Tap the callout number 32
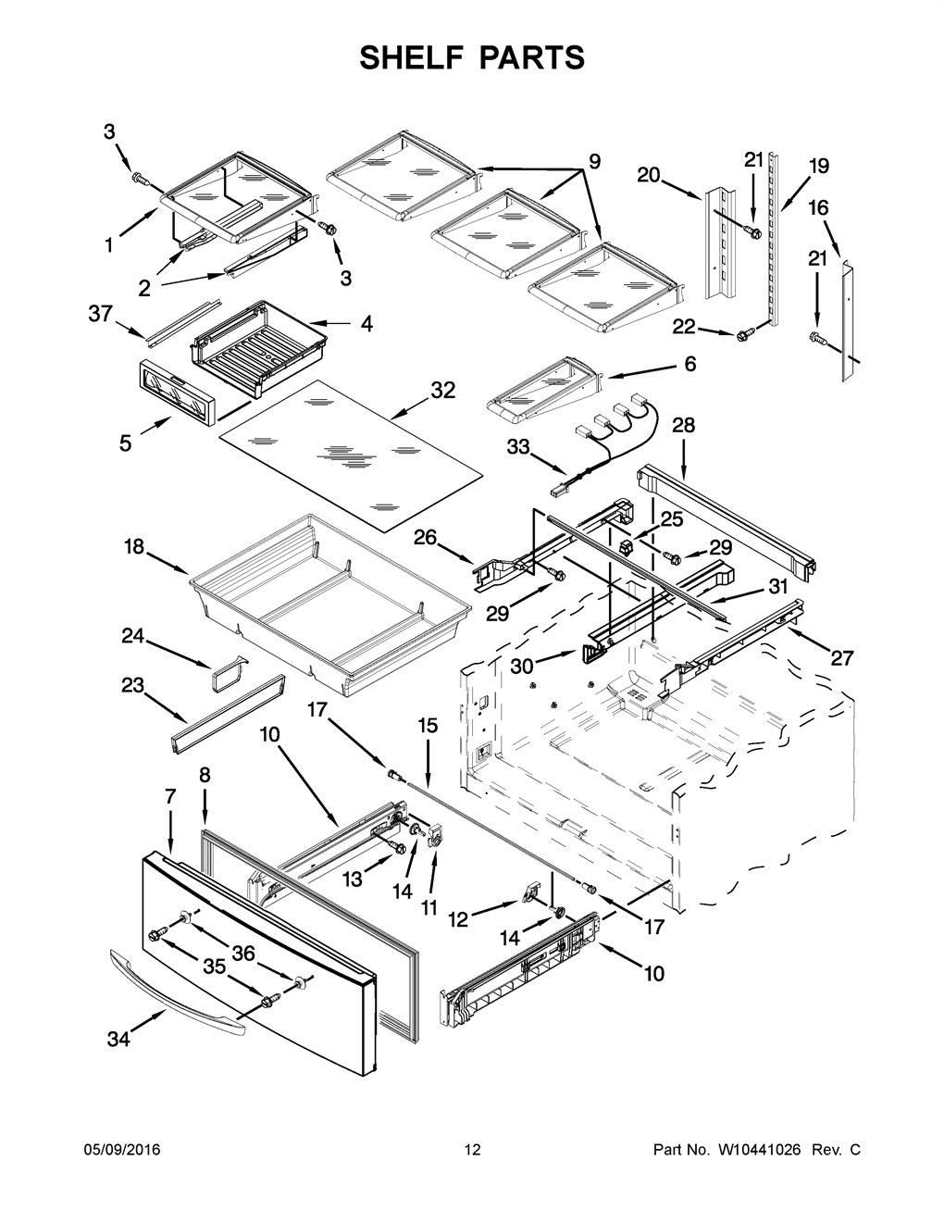pyautogui.click(x=442, y=391)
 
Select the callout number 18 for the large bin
pyautogui.click(x=134, y=546)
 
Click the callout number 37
pyautogui.click(x=101, y=313)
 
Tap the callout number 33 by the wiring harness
pyautogui.click(x=518, y=447)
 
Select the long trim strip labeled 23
pyautogui.click(x=227, y=714)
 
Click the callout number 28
pyautogui.click(x=684, y=425)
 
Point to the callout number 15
pyautogui.click(x=428, y=726)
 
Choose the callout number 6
pyautogui.click(x=689, y=364)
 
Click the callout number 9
pyautogui.click(x=595, y=162)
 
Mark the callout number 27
pyautogui.click(x=841, y=657)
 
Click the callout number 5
pyautogui.click(x=125, y=443)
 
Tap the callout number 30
pyautogui.click(x=522, y=667)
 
